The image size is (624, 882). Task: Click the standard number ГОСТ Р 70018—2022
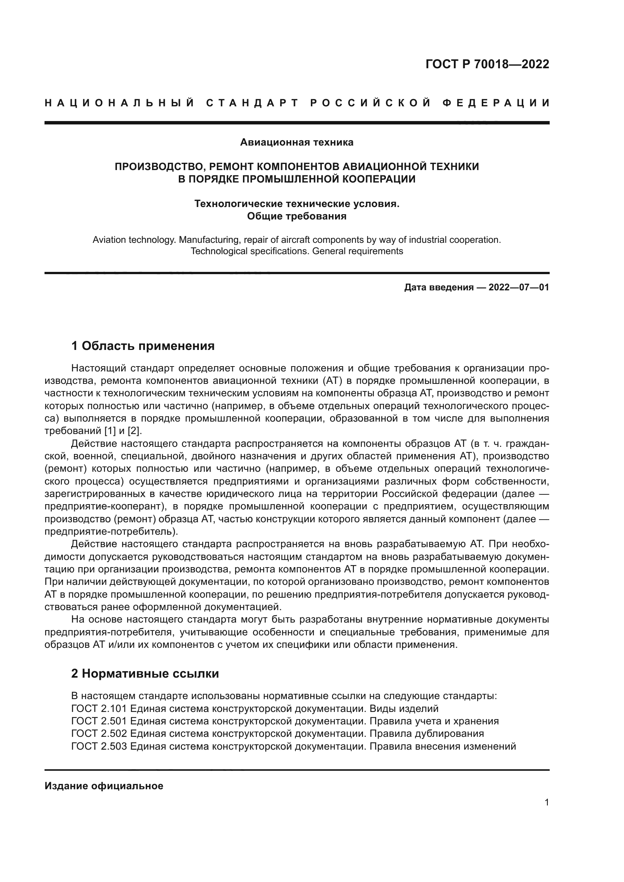487,64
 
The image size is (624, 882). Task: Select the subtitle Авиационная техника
297,143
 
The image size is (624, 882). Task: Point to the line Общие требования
297,216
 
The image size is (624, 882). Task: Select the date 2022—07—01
519,287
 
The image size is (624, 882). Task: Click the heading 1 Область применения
143,346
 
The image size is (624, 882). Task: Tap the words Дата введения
438,287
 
